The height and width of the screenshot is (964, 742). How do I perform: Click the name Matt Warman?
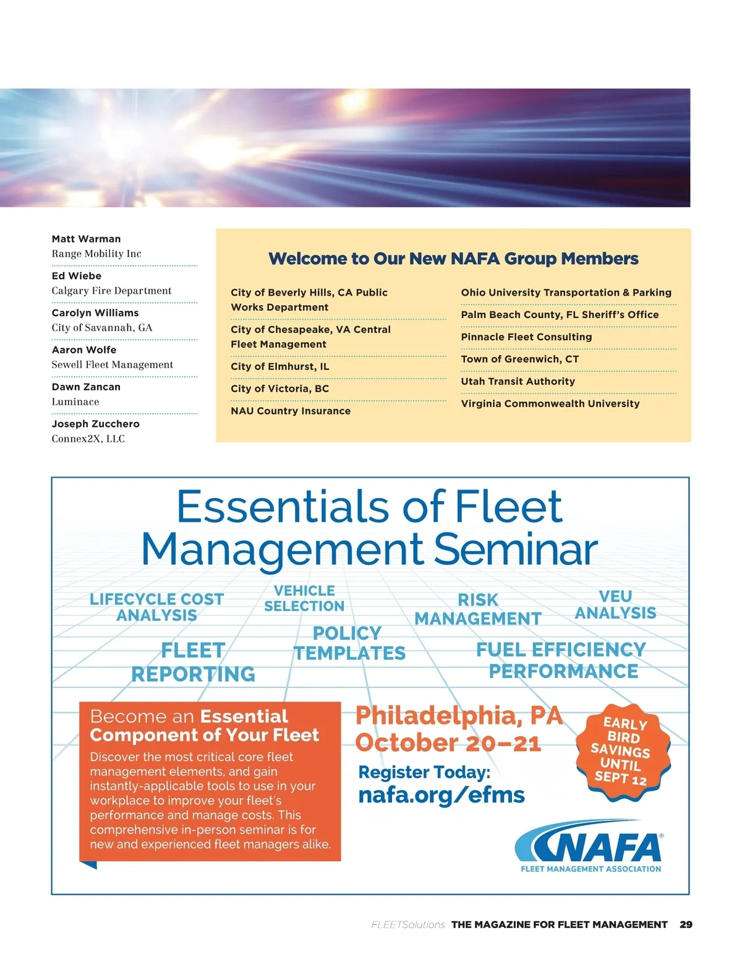(86, 239)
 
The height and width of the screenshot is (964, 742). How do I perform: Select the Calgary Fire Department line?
(111, 291)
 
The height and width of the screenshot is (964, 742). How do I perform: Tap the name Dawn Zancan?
(86, 387)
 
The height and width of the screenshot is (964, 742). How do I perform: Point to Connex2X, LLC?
(88, 439)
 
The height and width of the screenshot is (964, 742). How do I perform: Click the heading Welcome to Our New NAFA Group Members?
(453, 259)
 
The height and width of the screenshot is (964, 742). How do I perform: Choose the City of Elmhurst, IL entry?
(279, 366)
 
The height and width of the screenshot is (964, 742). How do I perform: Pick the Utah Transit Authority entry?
(518, 381)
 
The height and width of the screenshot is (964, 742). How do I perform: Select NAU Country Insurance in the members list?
(291, 411)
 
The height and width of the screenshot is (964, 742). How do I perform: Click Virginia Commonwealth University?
(550, 403)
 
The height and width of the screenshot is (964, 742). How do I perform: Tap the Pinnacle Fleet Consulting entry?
(526, 337)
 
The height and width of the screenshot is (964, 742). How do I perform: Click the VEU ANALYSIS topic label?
(615, 605)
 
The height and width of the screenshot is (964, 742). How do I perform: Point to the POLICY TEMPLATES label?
(349, 643)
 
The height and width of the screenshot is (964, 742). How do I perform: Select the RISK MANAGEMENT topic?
(478, 609)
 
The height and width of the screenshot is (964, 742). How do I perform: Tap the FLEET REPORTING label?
(193, 662)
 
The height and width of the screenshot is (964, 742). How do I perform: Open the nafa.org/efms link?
(441, 795)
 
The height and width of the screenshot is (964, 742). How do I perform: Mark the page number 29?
(686, 924)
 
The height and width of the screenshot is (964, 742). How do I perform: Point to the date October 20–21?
(448, 742)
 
